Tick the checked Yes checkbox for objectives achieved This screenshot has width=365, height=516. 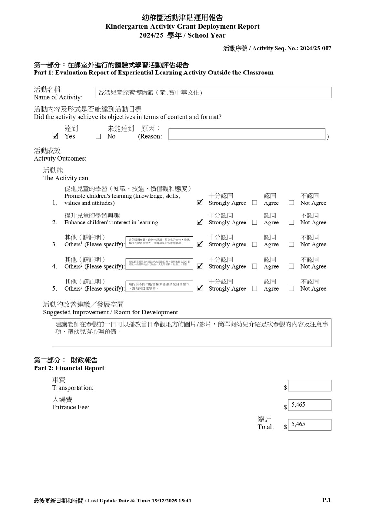[56, 136]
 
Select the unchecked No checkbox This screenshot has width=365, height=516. [98, 137]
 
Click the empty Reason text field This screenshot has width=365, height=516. [246, 134]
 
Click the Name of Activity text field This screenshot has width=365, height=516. [213, 93]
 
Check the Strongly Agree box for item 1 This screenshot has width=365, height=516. [200, 203]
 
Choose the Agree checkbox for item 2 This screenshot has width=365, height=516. [255, 223]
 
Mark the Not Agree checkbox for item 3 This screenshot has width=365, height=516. [291, 244]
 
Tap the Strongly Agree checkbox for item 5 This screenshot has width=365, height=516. [200, 289]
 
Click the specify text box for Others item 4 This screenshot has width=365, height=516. [159, 264]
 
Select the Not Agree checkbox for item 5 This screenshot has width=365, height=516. [291, 289]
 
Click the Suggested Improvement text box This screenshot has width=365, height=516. [192, 333]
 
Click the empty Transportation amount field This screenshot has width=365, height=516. [309, 385]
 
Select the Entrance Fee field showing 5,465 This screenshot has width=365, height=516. [309, 405]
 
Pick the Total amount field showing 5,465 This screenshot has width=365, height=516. [309, 424]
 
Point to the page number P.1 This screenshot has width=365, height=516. [327, 500]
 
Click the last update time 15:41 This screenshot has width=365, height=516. [185, 501]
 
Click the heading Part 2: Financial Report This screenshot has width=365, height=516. [69, 368]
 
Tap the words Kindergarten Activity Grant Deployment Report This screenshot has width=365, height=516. [182, 26]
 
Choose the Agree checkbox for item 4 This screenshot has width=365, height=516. [255, 267]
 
